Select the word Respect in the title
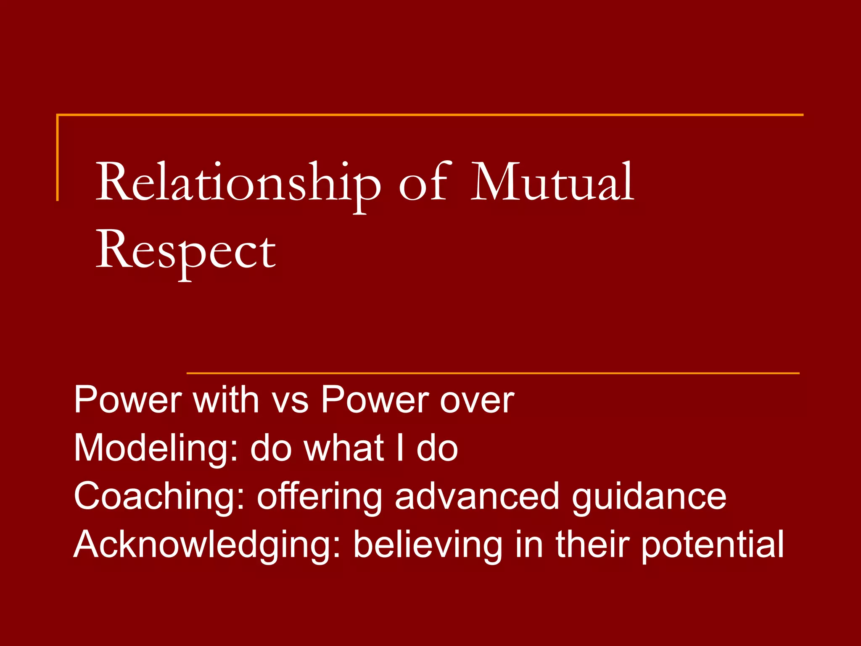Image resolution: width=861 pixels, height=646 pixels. click(x=186, y=251)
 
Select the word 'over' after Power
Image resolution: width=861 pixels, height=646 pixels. click(x=477, y=401)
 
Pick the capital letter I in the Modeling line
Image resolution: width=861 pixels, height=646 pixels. click(x=400, y=448)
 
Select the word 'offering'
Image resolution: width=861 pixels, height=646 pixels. click(x=319, y=497)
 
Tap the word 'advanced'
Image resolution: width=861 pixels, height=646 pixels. click(x=477, y=496)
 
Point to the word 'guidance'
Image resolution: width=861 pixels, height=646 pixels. click(x=649, y=497)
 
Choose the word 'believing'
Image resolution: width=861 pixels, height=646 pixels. click(x=428, y=545)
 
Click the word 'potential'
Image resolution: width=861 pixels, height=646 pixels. click(x=712, y=545)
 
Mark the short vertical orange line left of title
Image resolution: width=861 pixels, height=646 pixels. click(x=57, y=158)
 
